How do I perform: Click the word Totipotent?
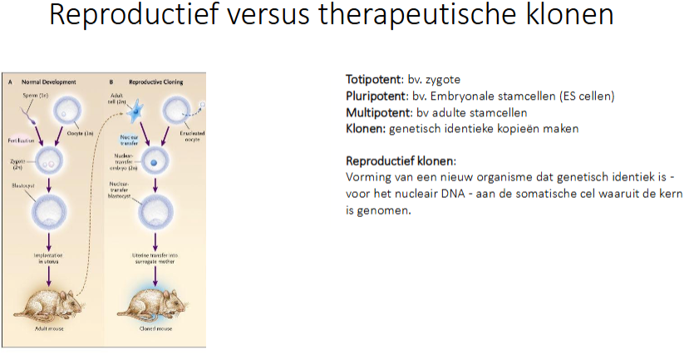tap(372, 80)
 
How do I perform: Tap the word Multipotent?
tap(378, 112)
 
